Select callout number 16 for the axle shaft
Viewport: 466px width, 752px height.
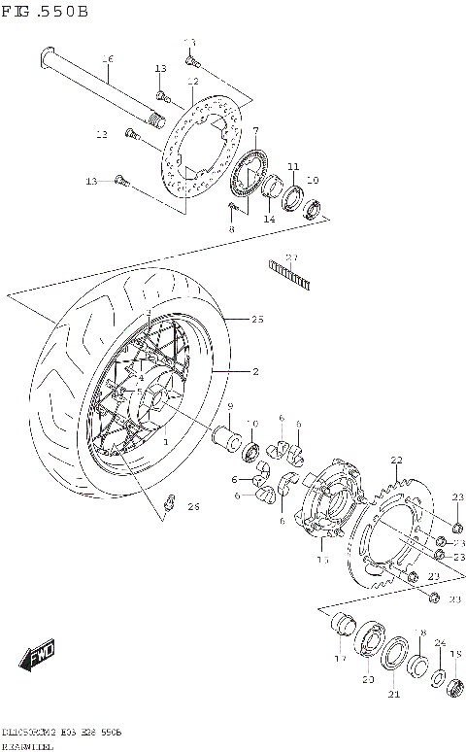point(108,59)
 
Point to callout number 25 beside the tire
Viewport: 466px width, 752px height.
point(257,319)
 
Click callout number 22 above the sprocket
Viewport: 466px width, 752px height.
point(396,460)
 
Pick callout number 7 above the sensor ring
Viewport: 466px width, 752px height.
point(254,130)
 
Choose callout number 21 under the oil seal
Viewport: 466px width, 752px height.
point(394,694)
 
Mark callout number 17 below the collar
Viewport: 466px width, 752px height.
point(340,658)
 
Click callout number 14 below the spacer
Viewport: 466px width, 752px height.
point(269,220)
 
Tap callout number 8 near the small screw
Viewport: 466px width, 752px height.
point(231,228)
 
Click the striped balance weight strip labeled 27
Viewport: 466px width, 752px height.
point(288,273)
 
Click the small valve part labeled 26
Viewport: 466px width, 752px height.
point(169,501)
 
